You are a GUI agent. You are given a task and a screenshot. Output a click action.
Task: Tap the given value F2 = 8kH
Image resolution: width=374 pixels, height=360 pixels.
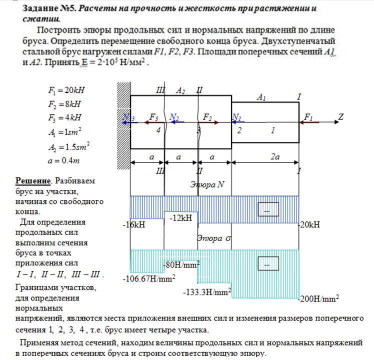coord(64,104)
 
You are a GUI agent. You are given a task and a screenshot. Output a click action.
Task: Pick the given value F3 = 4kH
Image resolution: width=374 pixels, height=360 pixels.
coord(64,118)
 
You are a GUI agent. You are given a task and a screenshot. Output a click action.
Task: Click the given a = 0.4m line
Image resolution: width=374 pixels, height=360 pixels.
coord(62,160)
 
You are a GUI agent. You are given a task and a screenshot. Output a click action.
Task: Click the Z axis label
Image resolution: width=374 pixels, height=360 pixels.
coord(341,116)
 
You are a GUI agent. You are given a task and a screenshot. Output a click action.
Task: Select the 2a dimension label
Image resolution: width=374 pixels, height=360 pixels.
coord(274,156)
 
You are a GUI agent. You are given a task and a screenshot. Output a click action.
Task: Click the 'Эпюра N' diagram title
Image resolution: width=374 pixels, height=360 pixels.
coord(207,184)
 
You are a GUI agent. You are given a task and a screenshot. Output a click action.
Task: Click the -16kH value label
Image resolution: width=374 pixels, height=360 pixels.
coord(134,225)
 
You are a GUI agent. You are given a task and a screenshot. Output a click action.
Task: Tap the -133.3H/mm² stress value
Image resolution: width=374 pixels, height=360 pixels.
coord(206,291)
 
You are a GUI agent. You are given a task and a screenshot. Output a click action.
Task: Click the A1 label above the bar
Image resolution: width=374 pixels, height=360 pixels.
coord(261,97)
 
